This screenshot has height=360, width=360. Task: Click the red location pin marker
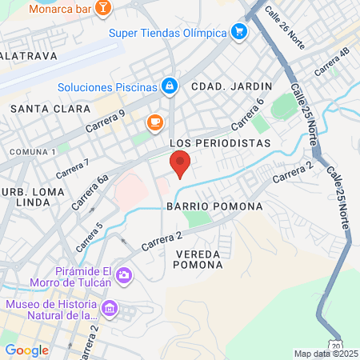pyautogui.click(x=180, y=164)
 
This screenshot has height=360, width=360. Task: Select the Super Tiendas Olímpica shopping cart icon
pyautogui.click(x=238, y=32)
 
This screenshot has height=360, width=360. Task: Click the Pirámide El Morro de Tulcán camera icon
pyautogui.click(x=123, y=276)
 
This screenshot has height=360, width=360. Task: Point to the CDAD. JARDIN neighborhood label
pyautogui.click(x=231, y=86)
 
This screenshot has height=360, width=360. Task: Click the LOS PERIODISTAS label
pyautogui.click(x=221, y=142)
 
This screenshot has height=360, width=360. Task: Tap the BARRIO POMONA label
pyautogui.click(x=214, y=206)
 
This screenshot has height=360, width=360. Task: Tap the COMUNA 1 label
pyautogui.click(x=32, y=151)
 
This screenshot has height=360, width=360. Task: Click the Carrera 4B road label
pyautogui.click(x=332, y=62)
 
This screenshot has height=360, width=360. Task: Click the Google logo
pyautogui.click(x=26, y=350)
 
